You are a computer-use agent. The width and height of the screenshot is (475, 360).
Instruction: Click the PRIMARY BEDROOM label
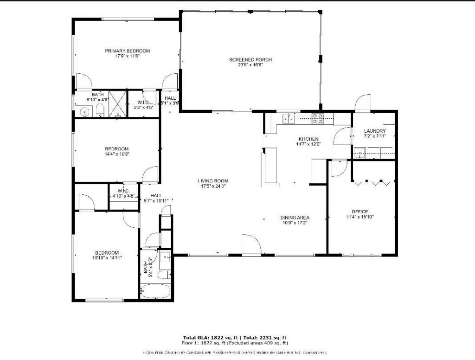pyautogui.click(x=127, y=51)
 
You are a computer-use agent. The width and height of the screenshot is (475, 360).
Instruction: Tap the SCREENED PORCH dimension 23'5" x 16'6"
pyautogui.click(x=250, y=65)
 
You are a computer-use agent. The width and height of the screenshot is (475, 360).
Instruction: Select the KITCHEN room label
pyautogui.click(x=308, y=139)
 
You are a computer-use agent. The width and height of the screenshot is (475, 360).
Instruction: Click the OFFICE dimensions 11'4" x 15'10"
pyautogui.click(x=360, y=217)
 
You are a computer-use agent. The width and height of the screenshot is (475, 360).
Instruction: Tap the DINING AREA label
pyautogui.click(x=295, y=218)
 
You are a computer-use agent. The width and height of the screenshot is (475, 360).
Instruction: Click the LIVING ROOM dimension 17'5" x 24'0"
pyautogui.click(x=213, y=186)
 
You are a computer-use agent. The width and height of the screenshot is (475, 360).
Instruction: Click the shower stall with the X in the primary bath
pyautogui.click(x=118, y=103)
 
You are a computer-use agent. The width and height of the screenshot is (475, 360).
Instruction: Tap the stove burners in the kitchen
pyautogui.click(x=318, y=119)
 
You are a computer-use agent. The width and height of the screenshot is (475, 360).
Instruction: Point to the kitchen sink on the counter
pyautogui.click(x=288, y=119)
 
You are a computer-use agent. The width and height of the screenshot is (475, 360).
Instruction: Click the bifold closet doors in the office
pyautogui.click(x=372, y=182)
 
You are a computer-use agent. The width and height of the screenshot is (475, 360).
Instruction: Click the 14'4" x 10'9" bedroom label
pyautogui.click(x=116, y=149)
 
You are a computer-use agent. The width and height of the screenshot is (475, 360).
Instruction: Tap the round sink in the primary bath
pyautogui.click(x=84, y=112)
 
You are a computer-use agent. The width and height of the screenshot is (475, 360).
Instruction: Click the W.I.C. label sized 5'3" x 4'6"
pyautogui.click(x=143, y=103)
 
